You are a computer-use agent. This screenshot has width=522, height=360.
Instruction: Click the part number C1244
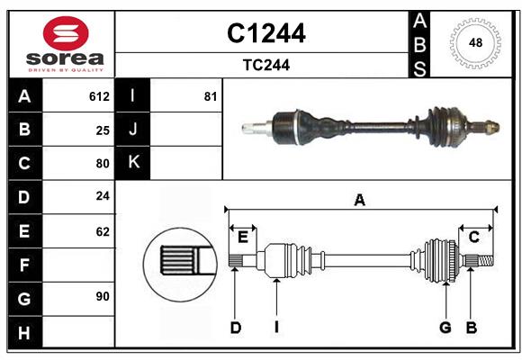pos(265,33)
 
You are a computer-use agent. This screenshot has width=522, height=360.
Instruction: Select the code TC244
pos(265,65)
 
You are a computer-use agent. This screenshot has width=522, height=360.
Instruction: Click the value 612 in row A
pos(99,96)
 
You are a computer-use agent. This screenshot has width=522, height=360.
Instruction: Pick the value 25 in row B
pos(103,130)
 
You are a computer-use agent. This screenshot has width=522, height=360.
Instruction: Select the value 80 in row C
pos(103,164)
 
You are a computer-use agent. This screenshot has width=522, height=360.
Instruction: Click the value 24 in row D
pos(103,196)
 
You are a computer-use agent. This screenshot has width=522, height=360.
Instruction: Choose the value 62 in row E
pos(103,231)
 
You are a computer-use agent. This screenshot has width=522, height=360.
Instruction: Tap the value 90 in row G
pos(103,295)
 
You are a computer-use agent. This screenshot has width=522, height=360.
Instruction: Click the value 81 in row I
pos(211,96)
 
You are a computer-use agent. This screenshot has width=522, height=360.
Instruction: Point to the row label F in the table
pos(24,265)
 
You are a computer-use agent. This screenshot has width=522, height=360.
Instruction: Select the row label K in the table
pos(133,163)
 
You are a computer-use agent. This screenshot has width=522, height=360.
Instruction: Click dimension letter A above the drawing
pos(359,201)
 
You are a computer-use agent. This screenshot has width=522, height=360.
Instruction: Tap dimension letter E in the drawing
pos(242,237)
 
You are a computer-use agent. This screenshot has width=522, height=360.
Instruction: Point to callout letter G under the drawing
pos(445,328)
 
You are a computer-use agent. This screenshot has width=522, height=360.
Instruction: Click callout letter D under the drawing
pos(235,328)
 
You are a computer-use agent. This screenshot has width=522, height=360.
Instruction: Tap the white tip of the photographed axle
pos(249,128)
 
